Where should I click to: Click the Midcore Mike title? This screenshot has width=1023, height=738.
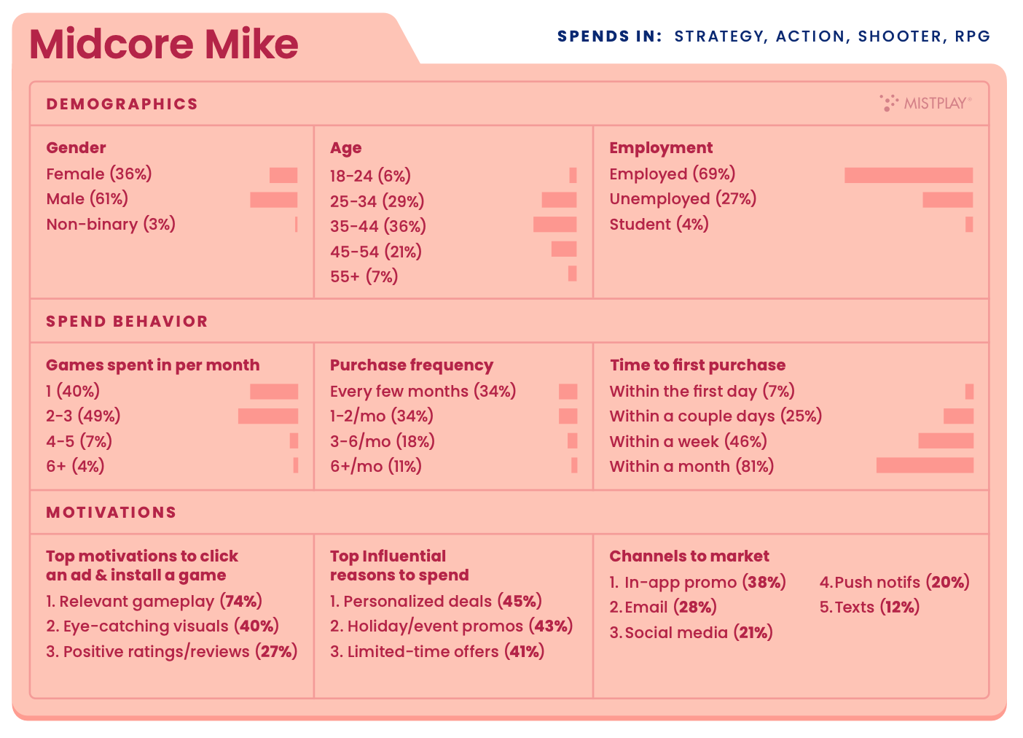(164, 44)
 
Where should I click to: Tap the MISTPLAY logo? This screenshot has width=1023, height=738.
(925, 103)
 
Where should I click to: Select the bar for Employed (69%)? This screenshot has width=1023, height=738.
(909, 175)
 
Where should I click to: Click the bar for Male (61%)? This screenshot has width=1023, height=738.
(274, 200)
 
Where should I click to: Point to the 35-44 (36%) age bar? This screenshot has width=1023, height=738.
(554, 225)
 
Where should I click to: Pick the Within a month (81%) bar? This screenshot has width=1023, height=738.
(925, 465)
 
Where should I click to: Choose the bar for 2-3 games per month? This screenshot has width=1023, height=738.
(268, 416)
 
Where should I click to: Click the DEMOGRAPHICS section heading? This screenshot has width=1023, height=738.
(122, 104)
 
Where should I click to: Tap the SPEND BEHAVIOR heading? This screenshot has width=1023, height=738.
(127, 322)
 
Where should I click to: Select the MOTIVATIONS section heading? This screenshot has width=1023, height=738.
(111, 513)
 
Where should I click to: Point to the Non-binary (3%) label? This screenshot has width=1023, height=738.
(111, 225)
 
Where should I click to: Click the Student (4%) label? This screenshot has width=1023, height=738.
(659, 225)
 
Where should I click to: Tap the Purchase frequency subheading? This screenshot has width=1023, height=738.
(412, 365)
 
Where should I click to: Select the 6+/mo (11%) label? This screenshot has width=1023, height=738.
(376, 467)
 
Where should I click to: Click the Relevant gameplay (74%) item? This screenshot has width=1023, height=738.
(154, 602)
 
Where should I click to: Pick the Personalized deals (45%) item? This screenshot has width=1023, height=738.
(436, 602)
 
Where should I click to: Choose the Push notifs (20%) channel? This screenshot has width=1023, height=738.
(895, 583)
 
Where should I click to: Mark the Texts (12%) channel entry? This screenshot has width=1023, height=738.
(869, 607)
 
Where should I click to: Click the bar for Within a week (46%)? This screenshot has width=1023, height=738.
(946, 441)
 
